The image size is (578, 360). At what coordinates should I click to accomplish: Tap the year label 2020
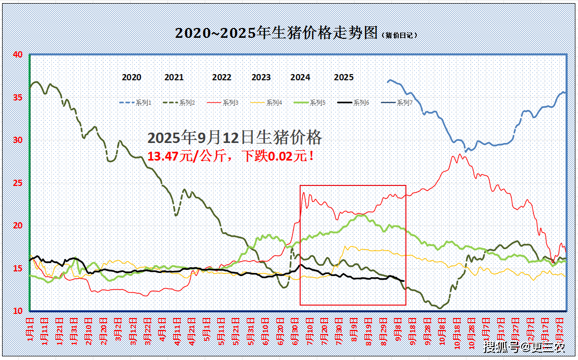pos(132,77)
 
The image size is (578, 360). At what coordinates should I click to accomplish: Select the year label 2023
pos(261,77)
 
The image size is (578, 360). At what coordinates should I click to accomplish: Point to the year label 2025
pos(344,77)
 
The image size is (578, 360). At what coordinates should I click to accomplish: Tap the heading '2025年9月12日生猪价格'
pos(235,137)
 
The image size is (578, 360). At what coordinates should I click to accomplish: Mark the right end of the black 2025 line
pos(403,281)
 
